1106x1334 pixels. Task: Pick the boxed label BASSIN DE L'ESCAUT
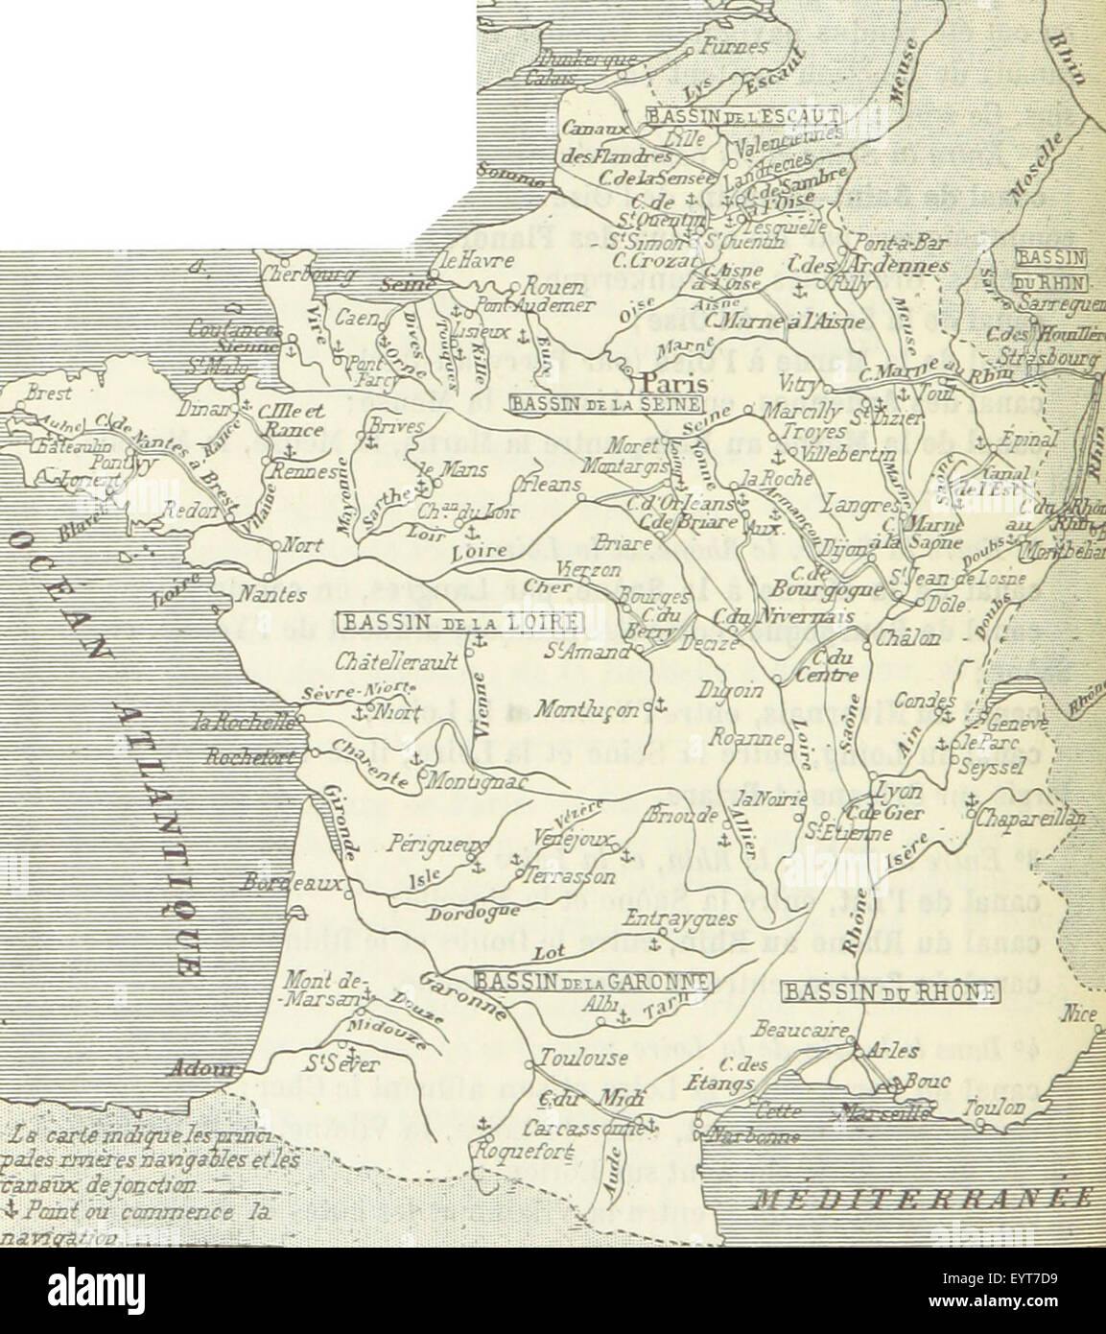[743, 116]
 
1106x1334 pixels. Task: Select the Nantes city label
[271, 595]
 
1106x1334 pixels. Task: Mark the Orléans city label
[548, 485]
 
